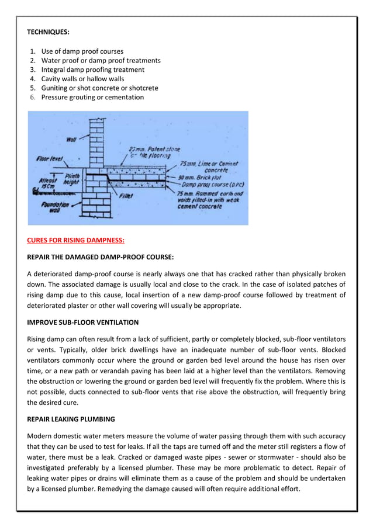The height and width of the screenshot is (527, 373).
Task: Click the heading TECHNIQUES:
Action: click(49, 33)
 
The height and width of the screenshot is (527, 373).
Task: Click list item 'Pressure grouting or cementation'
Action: click(92, 97)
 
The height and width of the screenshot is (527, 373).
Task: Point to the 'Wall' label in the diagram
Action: click(72, 139)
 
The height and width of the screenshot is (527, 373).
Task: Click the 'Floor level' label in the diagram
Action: click(50, 158)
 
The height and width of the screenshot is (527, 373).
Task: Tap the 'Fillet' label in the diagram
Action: click(126, 196)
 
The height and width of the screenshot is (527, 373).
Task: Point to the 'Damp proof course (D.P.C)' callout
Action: click(210, 184)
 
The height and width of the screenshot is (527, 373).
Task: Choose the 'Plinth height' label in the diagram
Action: click(72, 178)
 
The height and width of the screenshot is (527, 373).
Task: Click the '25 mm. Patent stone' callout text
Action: click(148, 150)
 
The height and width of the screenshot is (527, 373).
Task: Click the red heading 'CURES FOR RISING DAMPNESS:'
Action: click(76, 240)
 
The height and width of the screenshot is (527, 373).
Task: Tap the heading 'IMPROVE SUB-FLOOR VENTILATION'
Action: click(83, 322)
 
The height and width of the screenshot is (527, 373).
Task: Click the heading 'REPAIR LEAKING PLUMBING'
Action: click(71, 419)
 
